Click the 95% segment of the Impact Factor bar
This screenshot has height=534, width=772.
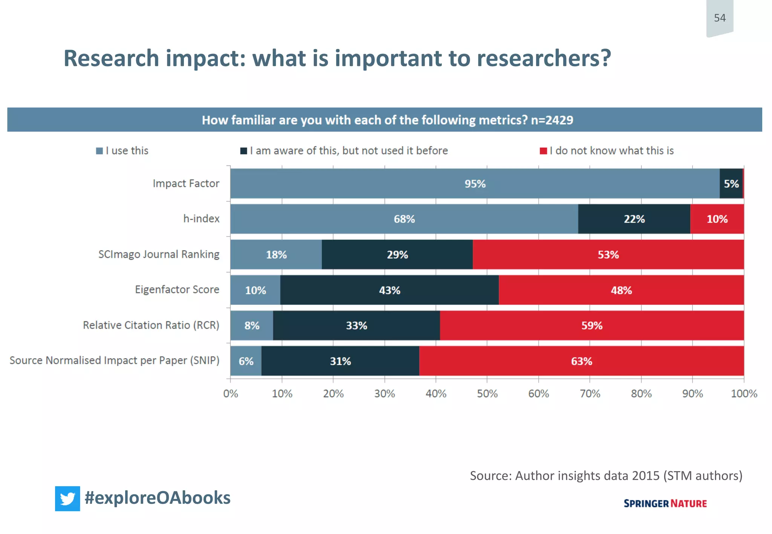475,184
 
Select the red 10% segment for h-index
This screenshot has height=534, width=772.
717,219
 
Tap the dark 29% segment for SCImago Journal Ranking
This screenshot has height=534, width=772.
397,255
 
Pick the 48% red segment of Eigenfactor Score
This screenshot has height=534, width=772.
621,290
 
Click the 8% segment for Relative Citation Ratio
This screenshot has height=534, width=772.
252,326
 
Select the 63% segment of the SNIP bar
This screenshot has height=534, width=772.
581,361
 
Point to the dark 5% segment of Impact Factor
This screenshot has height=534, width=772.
731,184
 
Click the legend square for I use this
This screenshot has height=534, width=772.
100,151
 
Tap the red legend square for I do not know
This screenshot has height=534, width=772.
543,151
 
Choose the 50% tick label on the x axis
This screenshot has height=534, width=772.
487,394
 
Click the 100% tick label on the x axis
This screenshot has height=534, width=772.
744,394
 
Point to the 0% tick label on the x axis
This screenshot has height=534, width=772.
231,394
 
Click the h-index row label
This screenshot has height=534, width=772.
201,219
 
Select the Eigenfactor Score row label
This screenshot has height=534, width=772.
177,290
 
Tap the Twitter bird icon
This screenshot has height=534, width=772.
67,499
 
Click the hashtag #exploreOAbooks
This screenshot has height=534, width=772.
158,498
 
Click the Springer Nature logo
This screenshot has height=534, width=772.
665,503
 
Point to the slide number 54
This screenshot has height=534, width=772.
720,18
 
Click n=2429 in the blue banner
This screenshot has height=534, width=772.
552,120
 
